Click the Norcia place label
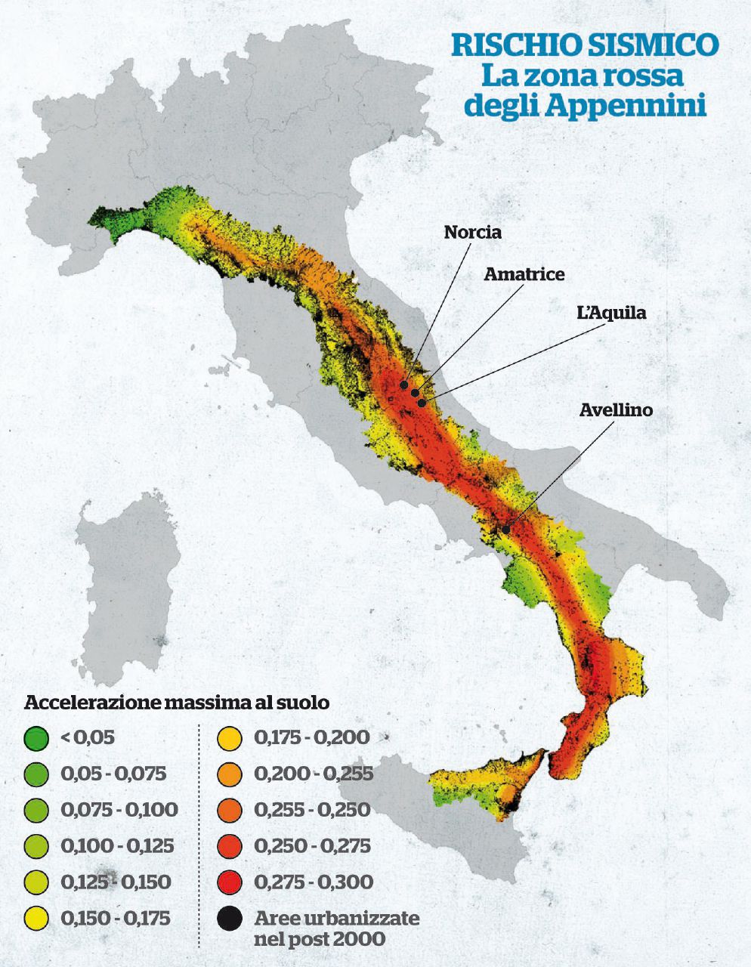coord(472,232)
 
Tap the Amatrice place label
coord(524,273)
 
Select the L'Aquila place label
coord(611,312)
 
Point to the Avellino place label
coord(616,410)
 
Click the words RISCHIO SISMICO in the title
coord(584,45)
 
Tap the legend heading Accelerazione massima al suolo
coord(177,702)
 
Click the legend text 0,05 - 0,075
coord(113,774)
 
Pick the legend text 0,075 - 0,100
coord(119,810)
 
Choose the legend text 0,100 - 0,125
coord(117,845)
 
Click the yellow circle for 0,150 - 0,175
coord(36,919)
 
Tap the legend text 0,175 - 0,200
coord(312,737)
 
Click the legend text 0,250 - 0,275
coord(312,845)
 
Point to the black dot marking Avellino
coord(505,530)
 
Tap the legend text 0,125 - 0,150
coord(116,882)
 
